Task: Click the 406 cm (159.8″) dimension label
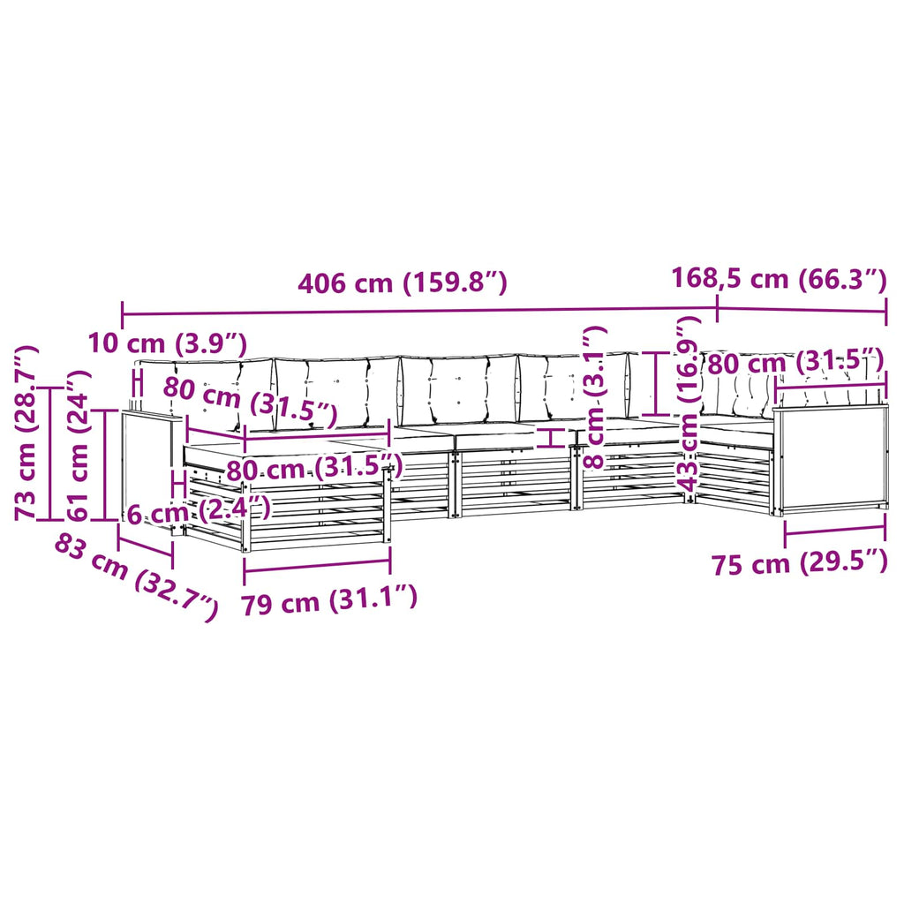(x=402, y=283)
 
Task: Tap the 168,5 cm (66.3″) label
(x=779, y=278)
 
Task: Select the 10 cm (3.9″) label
(x=167, y=344)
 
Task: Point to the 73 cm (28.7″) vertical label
(x=26, y=433)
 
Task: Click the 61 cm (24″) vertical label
(x=79, y=446)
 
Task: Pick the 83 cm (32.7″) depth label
(x=136, y=577)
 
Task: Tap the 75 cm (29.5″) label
(x=799, y=562)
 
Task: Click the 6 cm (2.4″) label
(x=199, y=511)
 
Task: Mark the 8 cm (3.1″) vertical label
(x=594, y=396)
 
